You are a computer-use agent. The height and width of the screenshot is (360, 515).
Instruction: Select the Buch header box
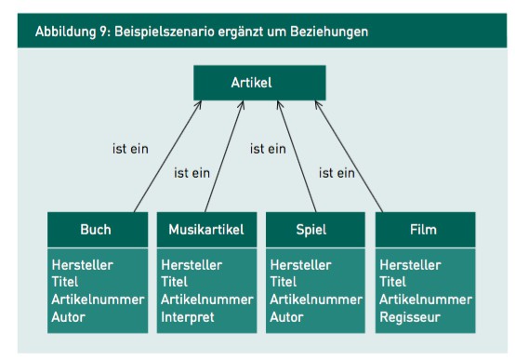[97, 229]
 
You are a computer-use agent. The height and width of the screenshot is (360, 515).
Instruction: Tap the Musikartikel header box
[206, 229]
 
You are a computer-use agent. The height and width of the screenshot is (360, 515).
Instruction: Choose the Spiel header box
[316, 229]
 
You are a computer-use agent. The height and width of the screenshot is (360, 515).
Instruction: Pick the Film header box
[425, 229]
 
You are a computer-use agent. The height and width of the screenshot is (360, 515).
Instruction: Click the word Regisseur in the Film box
[411, 316]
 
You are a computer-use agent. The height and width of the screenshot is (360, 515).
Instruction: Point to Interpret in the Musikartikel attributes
[187, 316]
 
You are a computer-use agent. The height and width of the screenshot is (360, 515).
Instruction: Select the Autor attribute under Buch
[70, 316]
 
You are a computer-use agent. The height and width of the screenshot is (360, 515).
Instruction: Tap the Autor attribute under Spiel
[288, 316]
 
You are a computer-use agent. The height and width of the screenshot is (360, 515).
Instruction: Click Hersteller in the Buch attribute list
[82, 264]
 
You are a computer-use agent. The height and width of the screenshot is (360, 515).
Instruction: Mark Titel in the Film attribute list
[393, 282]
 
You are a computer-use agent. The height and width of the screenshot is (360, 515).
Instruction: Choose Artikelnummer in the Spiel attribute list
[315, 300]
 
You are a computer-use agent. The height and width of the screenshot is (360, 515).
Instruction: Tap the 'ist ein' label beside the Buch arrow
[129, 147]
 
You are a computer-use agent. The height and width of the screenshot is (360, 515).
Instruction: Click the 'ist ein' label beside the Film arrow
[337, 171]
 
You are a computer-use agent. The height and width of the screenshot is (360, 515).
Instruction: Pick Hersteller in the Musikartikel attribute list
[191, 264]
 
